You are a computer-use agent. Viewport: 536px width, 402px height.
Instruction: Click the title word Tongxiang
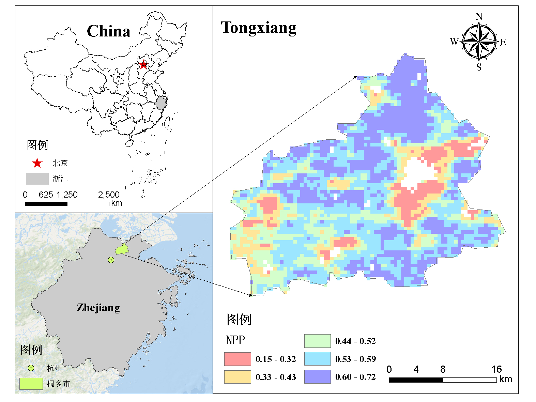259,28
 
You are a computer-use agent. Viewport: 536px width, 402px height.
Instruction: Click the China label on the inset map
108,31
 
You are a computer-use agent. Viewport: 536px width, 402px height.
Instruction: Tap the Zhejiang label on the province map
98,308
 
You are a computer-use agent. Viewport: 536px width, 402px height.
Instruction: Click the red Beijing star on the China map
143,64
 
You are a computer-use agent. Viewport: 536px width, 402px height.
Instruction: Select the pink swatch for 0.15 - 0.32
238,359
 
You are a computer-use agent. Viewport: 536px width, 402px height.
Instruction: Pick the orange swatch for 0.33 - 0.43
238,377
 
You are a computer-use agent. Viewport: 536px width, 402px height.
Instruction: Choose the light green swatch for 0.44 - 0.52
317,341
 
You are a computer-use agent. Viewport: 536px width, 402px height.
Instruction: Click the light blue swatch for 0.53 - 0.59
317,359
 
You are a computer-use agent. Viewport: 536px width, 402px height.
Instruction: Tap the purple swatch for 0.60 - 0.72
317,377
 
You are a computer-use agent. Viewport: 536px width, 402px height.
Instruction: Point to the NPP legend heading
235,340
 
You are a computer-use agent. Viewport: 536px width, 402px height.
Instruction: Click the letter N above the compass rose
479,16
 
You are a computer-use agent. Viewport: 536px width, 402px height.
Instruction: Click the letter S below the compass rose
479,67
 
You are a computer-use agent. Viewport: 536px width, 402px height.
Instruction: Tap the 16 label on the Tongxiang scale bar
496,369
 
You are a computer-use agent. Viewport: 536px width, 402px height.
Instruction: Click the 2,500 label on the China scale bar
109,195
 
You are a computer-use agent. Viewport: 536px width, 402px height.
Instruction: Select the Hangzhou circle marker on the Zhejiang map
111,260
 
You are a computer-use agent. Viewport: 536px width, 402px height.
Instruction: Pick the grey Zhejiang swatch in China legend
37,179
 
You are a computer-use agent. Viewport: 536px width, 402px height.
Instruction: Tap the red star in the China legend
37,164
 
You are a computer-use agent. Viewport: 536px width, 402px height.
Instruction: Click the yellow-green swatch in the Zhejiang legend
31,384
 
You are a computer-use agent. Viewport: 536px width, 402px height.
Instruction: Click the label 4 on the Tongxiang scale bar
416,369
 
